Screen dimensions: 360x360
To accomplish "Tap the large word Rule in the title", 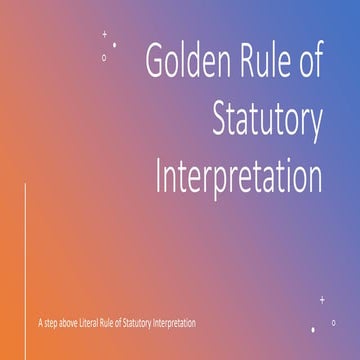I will click(x=264, y=62).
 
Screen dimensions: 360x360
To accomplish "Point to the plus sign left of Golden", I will click(x=106, y=33).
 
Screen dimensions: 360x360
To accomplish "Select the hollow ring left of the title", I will click(x=104, y=56).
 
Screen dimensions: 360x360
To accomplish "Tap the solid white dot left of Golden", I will click(x=114, y=45).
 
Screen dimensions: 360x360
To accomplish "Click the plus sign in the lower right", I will click(x=322, y=299).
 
